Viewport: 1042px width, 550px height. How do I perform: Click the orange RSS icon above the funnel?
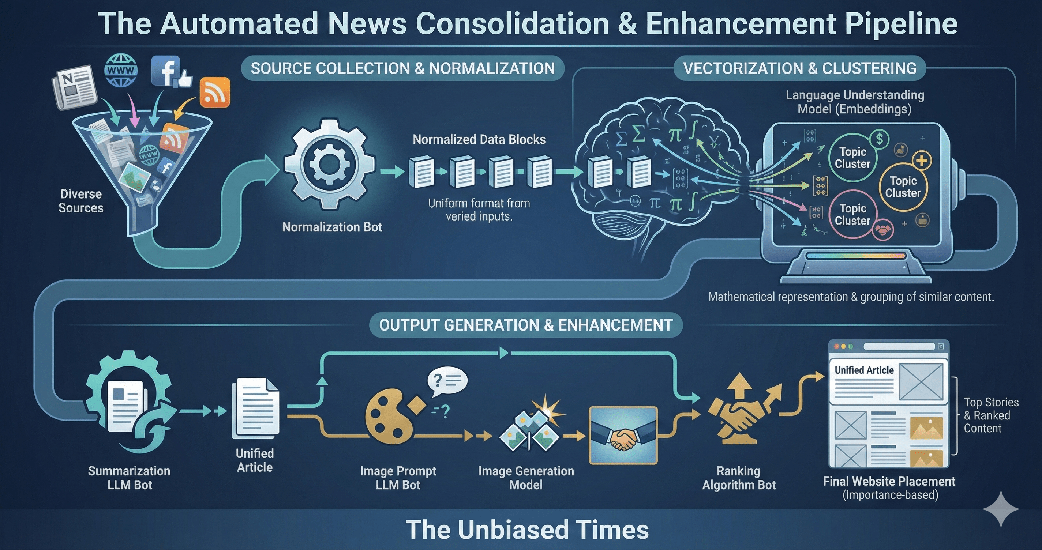(215, 92)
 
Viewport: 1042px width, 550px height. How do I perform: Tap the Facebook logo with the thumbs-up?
(170, 72)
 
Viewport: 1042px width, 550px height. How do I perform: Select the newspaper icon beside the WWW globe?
(75, 87)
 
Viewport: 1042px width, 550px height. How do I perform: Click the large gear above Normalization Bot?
(329, 164)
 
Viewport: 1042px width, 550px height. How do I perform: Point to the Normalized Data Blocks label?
(479, 140)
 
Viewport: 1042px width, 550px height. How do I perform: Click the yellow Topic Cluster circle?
(903, 187)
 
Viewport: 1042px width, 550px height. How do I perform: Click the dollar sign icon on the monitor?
(880, 139)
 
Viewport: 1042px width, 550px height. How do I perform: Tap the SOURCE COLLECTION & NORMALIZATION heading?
(402, 68)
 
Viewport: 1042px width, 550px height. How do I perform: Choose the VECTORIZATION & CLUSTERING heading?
(800, 68)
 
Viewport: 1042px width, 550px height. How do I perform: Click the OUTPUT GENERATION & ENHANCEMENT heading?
(525, 325)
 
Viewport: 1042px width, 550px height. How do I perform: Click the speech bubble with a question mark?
(447, 381)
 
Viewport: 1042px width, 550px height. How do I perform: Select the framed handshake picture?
(623, 435)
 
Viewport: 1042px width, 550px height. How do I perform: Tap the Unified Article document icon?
(255, 408)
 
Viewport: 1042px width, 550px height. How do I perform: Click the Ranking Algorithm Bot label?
(739, 478)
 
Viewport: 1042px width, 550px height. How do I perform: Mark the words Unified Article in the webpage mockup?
(864, 370)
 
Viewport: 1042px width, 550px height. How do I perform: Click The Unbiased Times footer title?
(527, 530)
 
